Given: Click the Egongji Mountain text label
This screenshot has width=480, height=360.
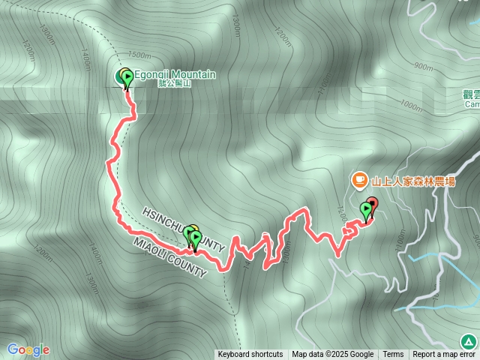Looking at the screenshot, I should click(175, 74).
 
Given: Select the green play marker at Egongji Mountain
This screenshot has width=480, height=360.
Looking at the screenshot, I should click(127, 76).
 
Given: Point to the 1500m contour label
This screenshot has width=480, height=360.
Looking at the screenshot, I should click(139, 55).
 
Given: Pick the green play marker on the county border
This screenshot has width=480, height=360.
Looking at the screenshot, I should click(195, 237).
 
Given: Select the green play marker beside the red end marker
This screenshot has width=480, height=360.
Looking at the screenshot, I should click(366, 209).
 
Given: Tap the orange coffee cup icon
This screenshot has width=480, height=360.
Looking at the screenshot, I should click(358, 180).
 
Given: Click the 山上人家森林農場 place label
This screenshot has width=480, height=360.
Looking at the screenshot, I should click(415, 180).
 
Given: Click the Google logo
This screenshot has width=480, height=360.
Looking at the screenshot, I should click(28, 349).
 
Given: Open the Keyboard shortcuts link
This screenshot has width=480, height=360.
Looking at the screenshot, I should click(250, 355).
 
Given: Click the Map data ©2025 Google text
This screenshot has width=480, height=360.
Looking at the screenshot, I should click(333, 355).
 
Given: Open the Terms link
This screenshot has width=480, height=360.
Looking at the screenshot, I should click(393, 355).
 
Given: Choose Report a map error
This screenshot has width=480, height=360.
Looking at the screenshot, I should click(444, 355).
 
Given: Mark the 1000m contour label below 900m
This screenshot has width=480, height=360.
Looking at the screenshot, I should click(411, 106).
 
